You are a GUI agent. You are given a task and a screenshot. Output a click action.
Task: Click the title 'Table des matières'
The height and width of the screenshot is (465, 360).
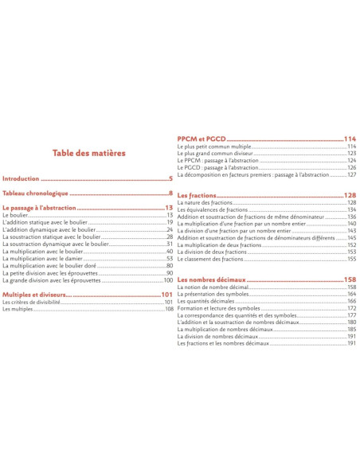coord(89,154)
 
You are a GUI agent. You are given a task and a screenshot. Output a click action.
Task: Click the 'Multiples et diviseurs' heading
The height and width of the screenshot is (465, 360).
coord(37,294)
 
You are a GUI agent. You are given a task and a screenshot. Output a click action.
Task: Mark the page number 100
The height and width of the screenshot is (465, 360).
coord(168,279)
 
